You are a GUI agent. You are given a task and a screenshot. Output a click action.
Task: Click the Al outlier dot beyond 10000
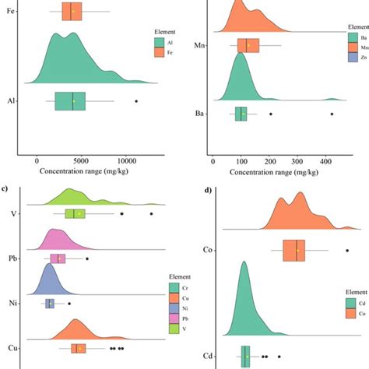[136, 101]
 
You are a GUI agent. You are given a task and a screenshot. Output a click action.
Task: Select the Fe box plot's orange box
[71, 12]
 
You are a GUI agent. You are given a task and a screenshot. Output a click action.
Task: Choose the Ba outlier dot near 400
[332, 114]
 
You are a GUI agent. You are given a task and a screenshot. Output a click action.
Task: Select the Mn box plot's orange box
[248, 45]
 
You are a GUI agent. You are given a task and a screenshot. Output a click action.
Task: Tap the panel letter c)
[5, 188]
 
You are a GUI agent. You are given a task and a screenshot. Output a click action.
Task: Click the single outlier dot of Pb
[87, 258]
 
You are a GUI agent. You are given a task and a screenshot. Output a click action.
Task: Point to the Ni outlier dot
[69, 304]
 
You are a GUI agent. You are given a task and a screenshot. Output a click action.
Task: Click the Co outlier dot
[347, 250]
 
